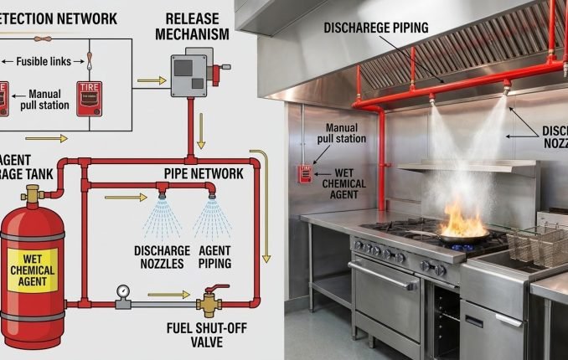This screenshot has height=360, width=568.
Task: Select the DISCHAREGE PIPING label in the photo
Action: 376,28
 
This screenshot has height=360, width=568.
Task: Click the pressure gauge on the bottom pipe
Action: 122,292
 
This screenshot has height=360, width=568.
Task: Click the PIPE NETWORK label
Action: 204,173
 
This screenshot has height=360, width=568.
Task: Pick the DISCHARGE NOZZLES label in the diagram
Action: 158,256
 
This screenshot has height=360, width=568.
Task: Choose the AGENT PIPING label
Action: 214,256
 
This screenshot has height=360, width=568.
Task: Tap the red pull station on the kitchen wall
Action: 304,174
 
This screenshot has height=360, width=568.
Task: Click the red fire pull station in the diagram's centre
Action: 90,97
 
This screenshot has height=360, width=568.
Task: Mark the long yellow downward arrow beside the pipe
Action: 266,209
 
